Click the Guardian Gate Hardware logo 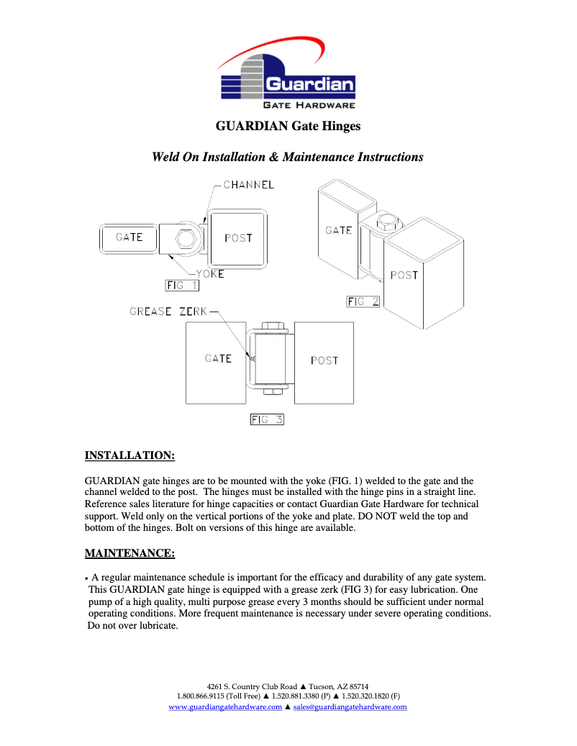(288, 76)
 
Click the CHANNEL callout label (248, 185)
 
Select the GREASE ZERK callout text (168, 311)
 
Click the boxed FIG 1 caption (182, 286)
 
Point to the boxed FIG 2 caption (363, 301)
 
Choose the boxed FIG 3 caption (267, 419)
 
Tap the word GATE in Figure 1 (130, 237)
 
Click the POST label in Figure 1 (238, 238)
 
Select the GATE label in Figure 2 (338, 230)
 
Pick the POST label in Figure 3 (324, 360)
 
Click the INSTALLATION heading (130, 455)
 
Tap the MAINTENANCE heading (130, 553)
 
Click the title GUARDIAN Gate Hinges (288, 127)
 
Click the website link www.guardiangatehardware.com (225, 707)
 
